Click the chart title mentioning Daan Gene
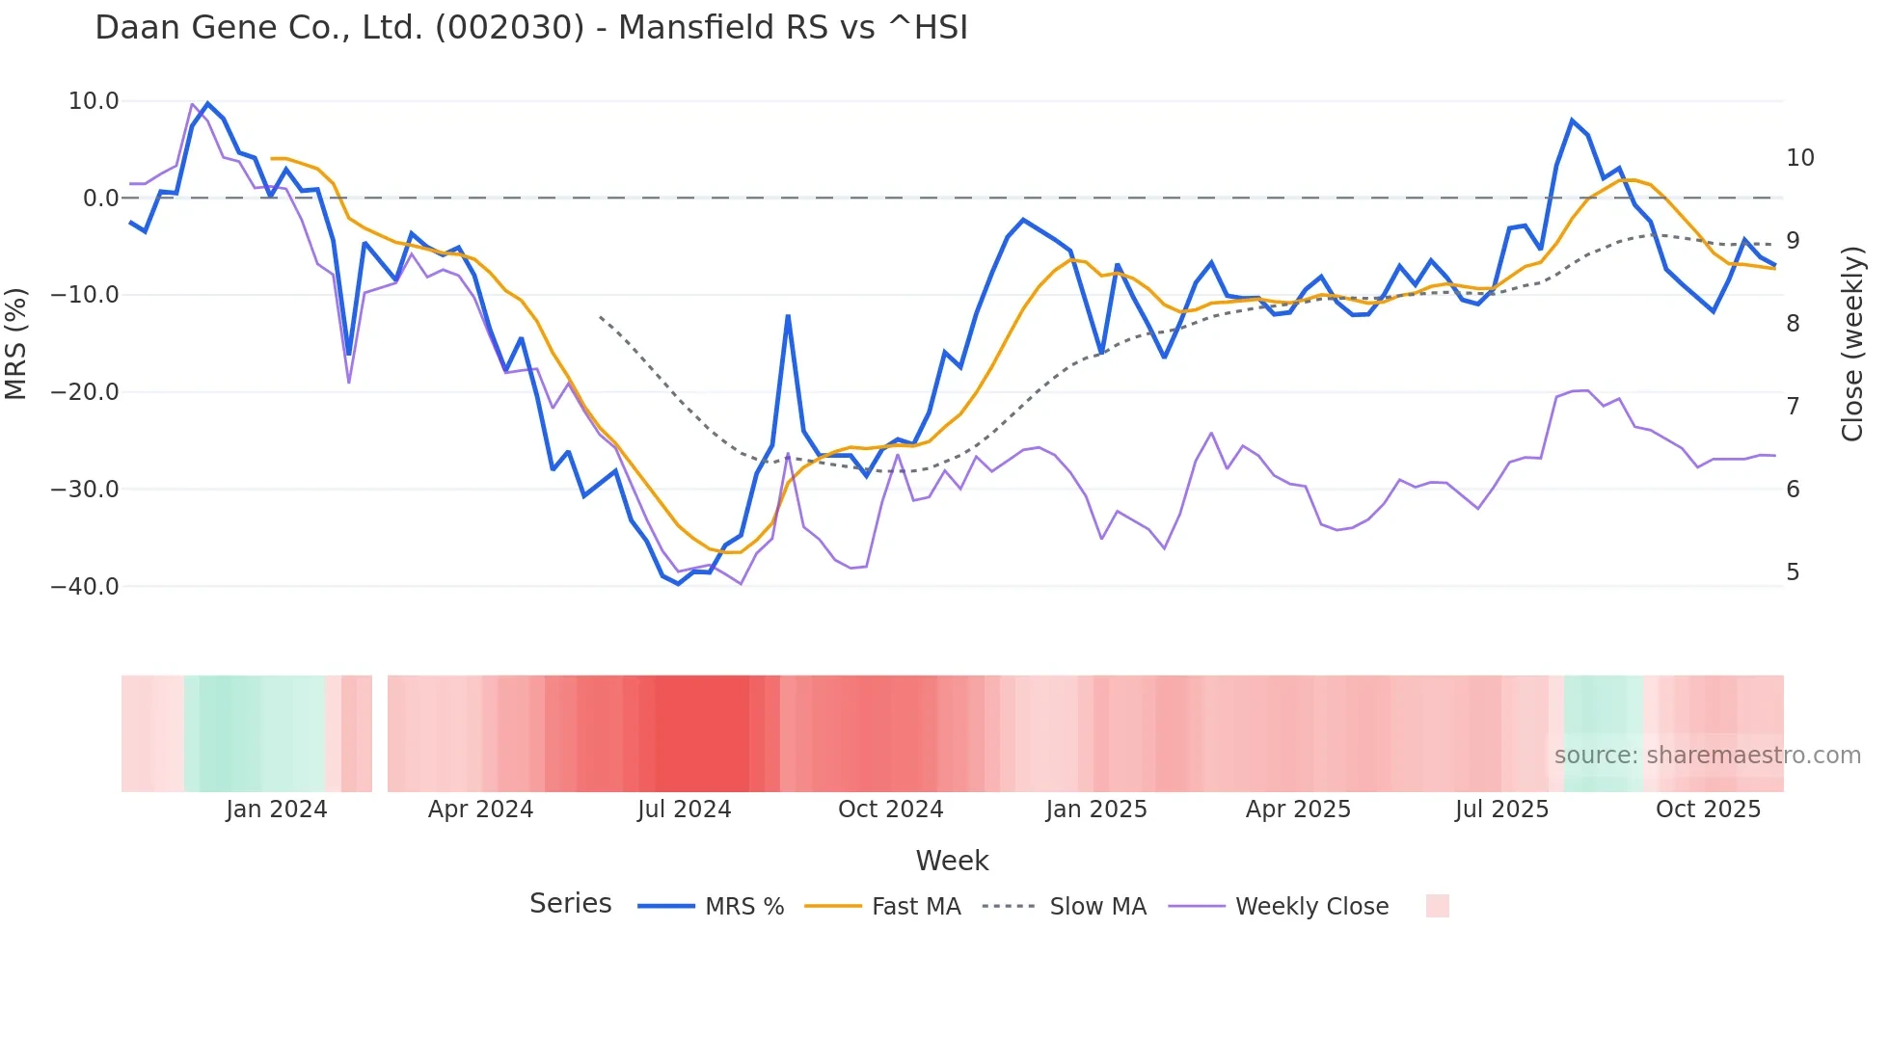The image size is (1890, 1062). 531,28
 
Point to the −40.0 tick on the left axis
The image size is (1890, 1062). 85,587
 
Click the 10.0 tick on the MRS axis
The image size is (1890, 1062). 94,101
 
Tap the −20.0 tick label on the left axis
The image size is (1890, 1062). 85,392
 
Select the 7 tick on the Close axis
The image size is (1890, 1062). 1793,407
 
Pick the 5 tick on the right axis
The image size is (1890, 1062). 1793,572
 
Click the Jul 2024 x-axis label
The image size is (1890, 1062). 684,810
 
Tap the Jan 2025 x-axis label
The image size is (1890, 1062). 1096,810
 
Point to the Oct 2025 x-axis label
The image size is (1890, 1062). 1708,810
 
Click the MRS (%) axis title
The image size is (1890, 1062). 16,344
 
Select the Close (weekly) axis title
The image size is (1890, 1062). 1852,344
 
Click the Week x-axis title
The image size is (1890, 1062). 952,861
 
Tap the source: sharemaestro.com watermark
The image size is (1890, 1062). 1707,756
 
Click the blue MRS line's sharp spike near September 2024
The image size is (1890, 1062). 788,316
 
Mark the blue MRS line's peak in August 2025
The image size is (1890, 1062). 1572,120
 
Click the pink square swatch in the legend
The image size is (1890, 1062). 1437,906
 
